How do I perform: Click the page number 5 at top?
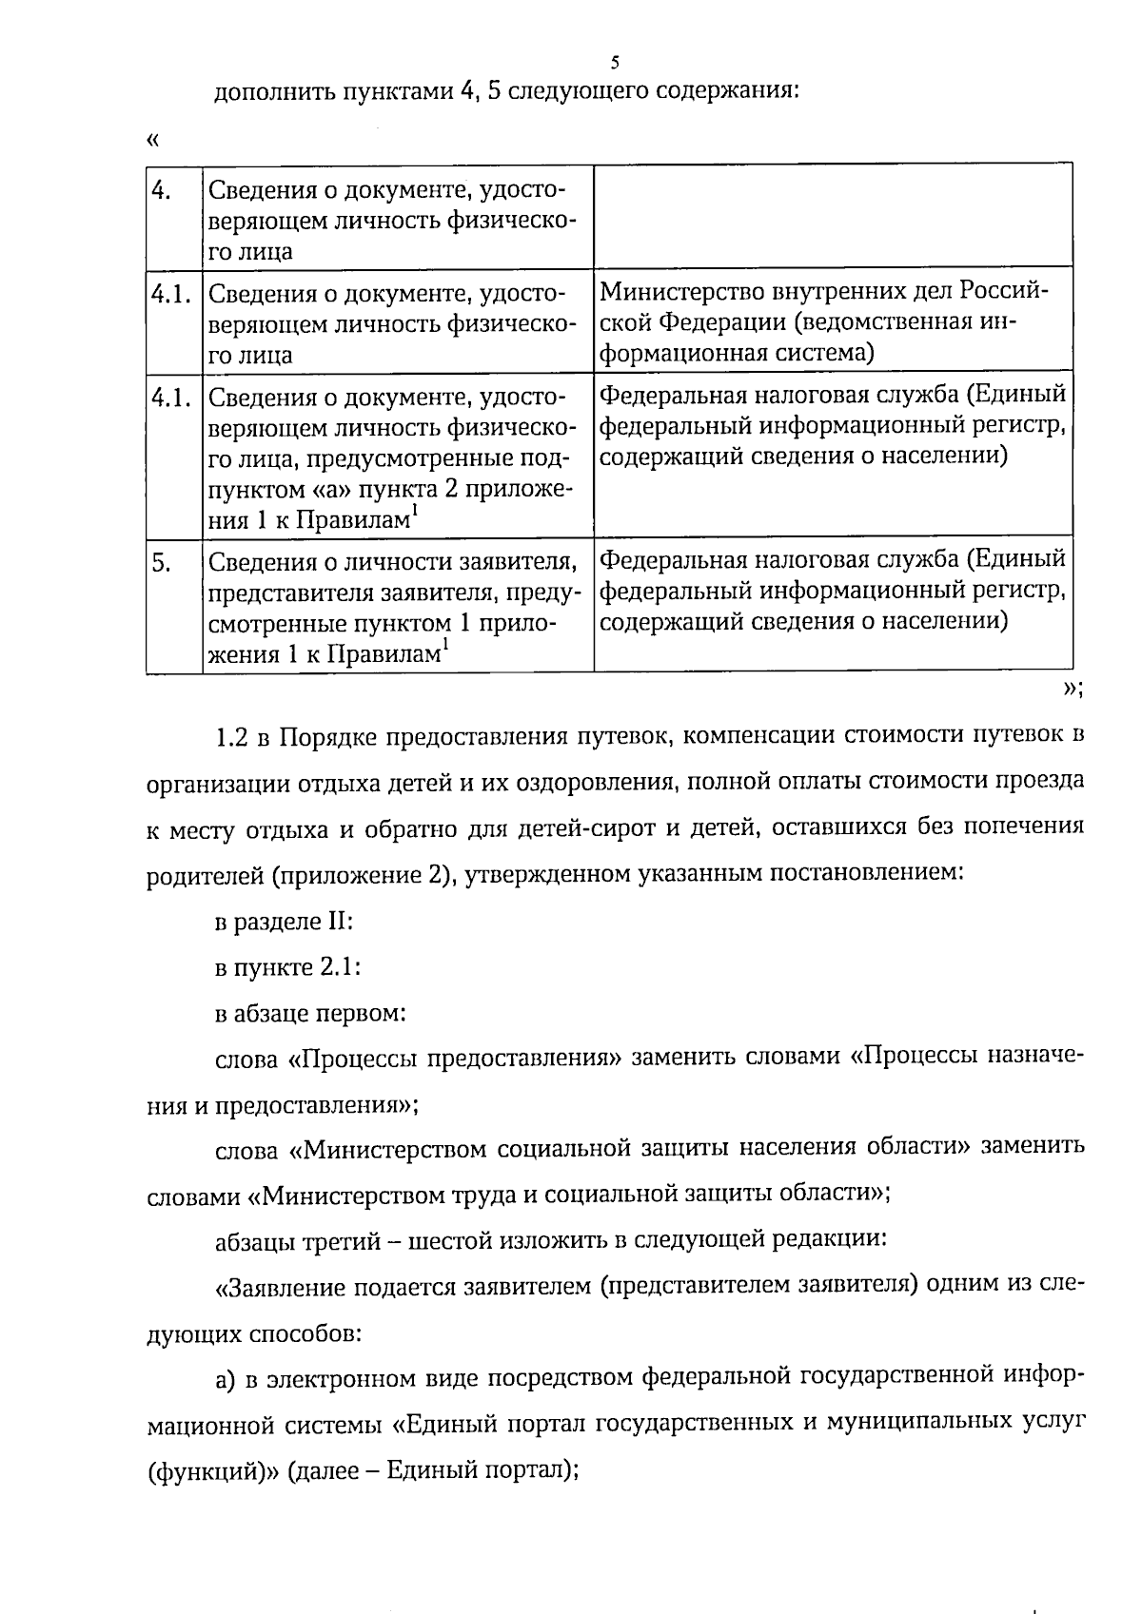tap(615, 63)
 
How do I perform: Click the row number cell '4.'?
tap(162, 190)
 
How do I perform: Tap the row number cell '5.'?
tap(162, 563)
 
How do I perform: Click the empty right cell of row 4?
tap(833, 216)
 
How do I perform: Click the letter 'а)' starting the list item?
tap(226, 1378)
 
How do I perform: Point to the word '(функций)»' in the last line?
tap(211, 1470)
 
